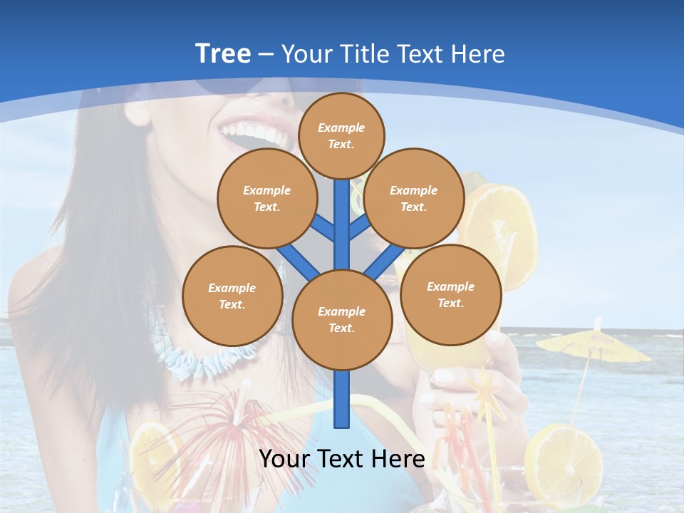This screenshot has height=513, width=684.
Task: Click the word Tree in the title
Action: (222, 53)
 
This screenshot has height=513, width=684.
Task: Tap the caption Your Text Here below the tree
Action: (341, 458)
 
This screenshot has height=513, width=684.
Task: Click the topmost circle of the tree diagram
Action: (341, 135)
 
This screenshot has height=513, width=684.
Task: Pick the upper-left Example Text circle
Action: (266, 198)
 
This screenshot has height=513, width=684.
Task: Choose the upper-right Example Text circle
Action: (414, 198)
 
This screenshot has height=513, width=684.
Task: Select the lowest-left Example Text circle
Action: (232, 296)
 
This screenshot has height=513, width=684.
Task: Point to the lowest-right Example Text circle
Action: (450, 294)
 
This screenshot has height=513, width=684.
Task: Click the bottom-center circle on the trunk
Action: (342, 319)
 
